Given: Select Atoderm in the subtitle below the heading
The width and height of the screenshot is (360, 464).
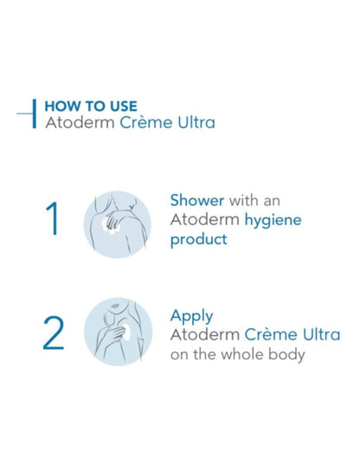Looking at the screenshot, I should click(75, 123).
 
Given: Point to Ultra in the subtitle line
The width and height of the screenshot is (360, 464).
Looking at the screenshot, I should click(193, 123).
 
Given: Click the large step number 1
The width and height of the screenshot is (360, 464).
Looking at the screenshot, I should click(53, 219).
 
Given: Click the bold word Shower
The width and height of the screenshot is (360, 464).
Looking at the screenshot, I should click(196, 200).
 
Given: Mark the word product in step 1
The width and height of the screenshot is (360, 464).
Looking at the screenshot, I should click(198, 239).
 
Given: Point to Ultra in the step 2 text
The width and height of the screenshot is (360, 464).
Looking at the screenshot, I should click(319, 335).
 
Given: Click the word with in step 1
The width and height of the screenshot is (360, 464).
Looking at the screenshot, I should click(243, 200).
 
